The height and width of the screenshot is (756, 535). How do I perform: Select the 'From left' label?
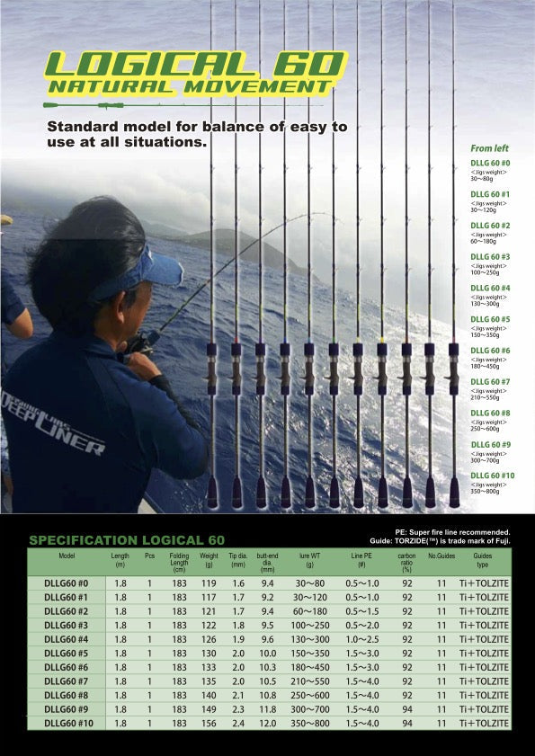pyautogui.click(x=489, y=147)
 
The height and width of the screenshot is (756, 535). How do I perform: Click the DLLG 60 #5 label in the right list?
pyautogui.click(x=491, y=319)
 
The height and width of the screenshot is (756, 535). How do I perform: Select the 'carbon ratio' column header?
pyautogui.click(x=406, y=562)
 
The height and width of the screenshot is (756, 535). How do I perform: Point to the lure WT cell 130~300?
pyautogui.click(x=309, y=639)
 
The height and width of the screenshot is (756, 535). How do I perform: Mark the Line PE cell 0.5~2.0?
pyautogui.click(x=363, y=625)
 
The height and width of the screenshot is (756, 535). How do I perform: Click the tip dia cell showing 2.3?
pyautogui.click(x=237, y=709)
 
